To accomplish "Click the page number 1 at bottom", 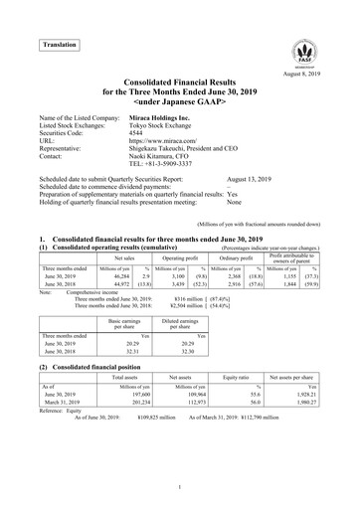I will (x=180, y=486).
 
